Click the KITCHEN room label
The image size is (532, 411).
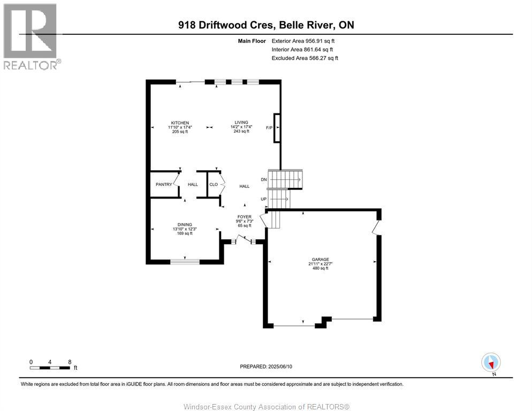[179, 123]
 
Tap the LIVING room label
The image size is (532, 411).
[241, 123]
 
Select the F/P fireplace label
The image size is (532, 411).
[269, 128]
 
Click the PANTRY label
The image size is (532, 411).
[164, 185]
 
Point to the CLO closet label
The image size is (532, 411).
[213, 185]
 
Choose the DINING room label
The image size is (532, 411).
[185, 225]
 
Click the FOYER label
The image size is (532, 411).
[244, 217]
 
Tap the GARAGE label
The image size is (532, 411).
[320, 260]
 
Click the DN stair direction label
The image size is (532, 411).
[263, 179]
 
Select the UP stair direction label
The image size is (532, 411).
[263, 199]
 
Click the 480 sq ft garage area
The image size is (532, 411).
[320, 268]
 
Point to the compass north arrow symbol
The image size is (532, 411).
[491, 362]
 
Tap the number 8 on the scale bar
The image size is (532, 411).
[70, 362]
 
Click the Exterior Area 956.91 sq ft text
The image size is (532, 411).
[304, 41]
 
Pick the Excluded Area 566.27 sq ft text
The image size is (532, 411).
[305, 58]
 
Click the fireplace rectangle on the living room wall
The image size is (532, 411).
[277, 128]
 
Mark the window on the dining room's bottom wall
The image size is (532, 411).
[185, 262]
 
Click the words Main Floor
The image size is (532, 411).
[253, 41]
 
